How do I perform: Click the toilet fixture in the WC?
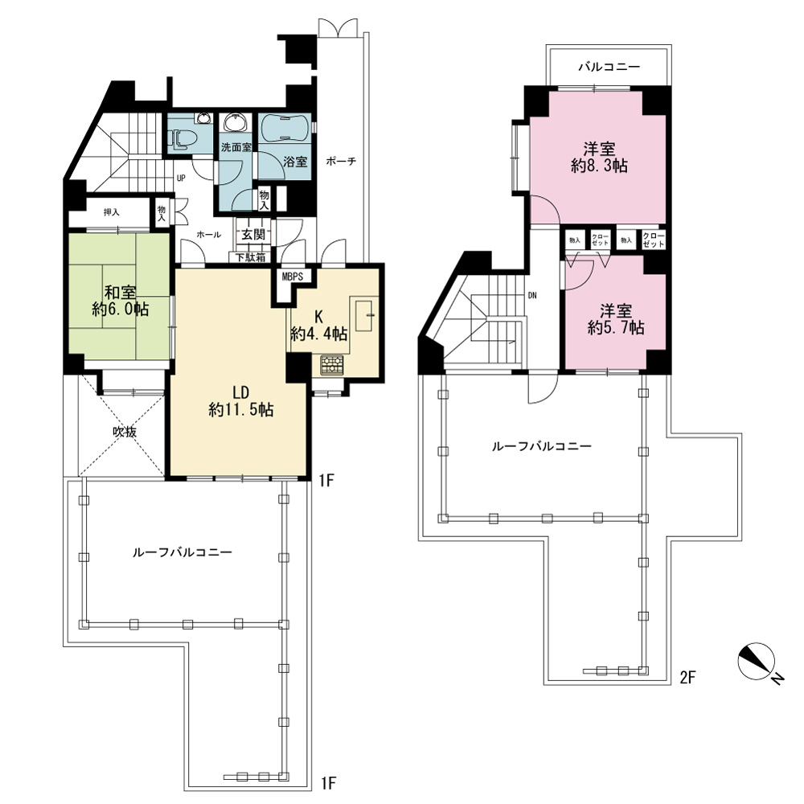point(178,138)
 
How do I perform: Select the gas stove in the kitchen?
point(333,365)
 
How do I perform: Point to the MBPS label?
point(293,277)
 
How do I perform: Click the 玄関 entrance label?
point(253,234)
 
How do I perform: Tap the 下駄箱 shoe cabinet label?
point(250,257)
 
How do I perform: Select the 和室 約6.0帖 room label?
point(121,301)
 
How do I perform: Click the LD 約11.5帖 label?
point(240,401)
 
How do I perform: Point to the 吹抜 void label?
point(125,432)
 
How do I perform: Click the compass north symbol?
point(757,660)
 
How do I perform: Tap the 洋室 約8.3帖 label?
point(599,158)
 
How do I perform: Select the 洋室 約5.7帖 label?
point(616,319)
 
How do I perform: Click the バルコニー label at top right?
point(609,68)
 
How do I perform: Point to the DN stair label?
point(532,296)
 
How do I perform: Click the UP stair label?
point(181,178)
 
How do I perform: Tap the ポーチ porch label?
point(341,161)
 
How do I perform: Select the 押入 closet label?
point(111,212)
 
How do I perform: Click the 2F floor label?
point(687,677)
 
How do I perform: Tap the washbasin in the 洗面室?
point(236,123)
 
